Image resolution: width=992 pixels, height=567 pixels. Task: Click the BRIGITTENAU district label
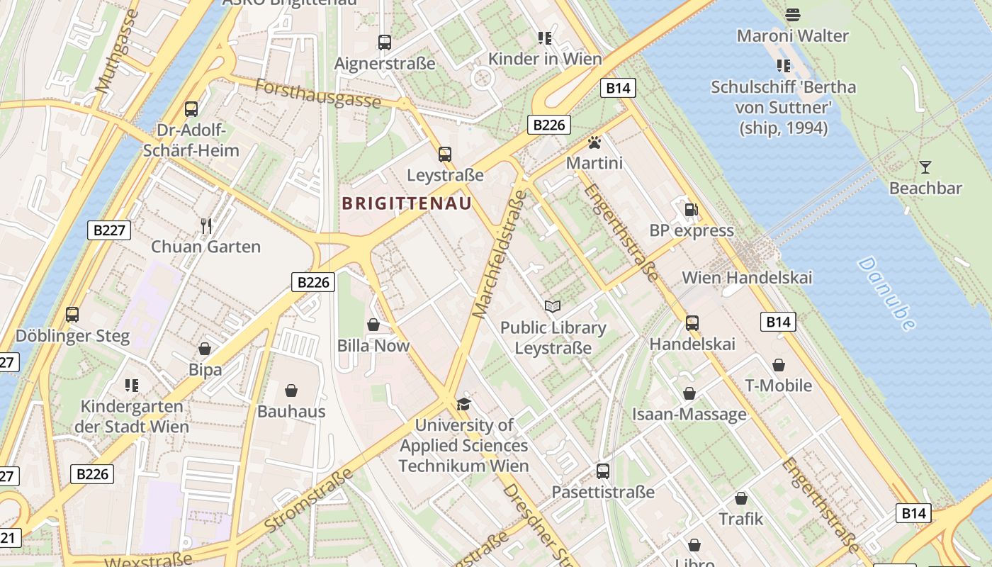(407, 204)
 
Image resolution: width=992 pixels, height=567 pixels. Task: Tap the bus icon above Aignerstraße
(384, 43)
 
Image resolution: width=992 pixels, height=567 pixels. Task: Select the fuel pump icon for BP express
(691, 210)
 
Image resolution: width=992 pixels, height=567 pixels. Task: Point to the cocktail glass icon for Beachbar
(925, 167)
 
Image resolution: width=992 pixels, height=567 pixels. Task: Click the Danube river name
(886, 293)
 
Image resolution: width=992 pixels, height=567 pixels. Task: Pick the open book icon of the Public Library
(553, 306)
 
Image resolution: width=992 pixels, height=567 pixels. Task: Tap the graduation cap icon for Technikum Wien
(463, 404)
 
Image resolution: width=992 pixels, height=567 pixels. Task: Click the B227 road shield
(110, 230)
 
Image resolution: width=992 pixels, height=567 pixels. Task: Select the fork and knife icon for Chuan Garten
(206, 226)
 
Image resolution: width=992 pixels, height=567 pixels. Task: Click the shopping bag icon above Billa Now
(373, 325)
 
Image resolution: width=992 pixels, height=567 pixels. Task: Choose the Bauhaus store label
(291, 411)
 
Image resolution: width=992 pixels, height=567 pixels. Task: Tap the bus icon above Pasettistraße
(602, 471)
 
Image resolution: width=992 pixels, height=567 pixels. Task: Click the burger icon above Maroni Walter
(792, 14)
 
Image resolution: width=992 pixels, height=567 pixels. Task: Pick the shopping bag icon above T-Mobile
(778, 365)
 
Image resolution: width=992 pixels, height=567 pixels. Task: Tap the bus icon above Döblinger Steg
(72, 314)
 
